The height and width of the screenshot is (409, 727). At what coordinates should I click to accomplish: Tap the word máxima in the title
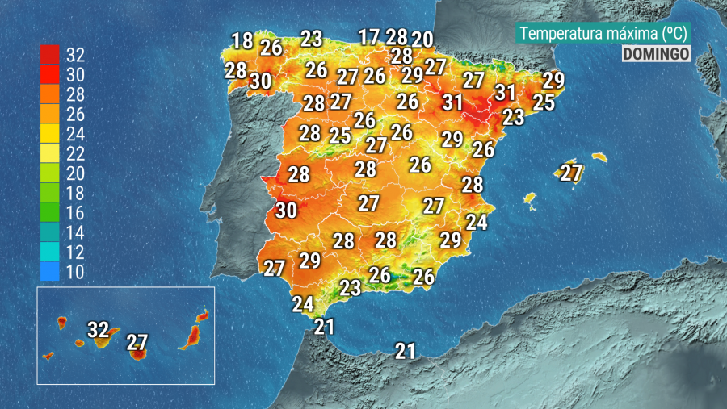coord(628,34)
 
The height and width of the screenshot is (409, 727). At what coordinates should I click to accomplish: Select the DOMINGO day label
coord(656,53)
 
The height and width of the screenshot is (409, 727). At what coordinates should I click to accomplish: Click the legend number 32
coord(75,56)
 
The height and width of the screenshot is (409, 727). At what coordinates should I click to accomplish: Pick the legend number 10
coord(75,272)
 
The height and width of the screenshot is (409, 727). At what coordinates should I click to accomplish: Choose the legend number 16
coord(75,213)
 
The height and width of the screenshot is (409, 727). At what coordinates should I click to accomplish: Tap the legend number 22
coord(75,153)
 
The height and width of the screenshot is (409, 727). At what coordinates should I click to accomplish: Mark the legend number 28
coord(75,94)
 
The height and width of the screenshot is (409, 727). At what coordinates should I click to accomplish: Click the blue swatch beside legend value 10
coord(49,272)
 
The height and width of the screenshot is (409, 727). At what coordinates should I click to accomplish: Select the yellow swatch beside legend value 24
coord(49,134)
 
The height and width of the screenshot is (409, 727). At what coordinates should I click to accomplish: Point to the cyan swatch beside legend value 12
coord(49,252)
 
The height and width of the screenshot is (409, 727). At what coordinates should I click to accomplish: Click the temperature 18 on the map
coord(242,40)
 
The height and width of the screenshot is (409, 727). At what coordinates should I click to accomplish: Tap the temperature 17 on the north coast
coord(369,36)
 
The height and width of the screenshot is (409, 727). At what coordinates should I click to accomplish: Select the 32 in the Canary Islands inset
coord(98,329)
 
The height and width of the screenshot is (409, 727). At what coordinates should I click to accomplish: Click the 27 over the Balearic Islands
coord(571,172)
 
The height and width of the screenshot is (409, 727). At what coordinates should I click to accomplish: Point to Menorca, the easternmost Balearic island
coord(599,156)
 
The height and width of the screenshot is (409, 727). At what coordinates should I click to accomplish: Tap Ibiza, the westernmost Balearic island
coord(530,198)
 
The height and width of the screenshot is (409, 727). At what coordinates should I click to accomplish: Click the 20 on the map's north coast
coord(422,39)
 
